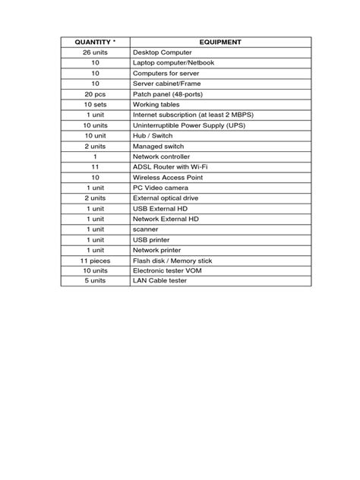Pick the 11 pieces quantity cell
click(x=95, y=260)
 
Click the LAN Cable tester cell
click(x=159, y=280)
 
